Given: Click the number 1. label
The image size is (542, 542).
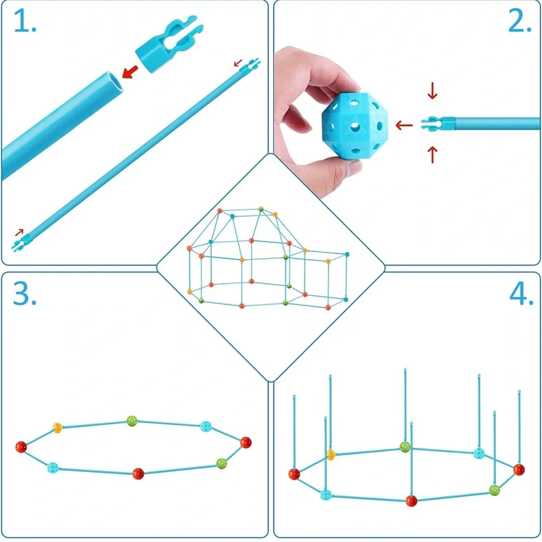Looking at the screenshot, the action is tap(25, 21).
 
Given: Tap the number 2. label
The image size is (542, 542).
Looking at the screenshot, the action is tap(519, 21).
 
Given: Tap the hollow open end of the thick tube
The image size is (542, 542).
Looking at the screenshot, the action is tap(113, 82).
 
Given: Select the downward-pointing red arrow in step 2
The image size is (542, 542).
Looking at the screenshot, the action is tap(433, 91).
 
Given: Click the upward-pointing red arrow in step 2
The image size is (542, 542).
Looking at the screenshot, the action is tap(433, 154).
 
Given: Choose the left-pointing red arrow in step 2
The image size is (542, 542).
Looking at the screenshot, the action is tap(404, 125).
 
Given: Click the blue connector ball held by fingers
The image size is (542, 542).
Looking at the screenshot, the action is tap(354, 126).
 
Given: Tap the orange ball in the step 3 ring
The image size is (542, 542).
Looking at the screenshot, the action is tap(57, 428).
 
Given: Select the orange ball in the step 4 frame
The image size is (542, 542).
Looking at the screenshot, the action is tap(331, 455).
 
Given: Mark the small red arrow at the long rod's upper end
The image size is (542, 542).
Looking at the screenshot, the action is tap(238, 63).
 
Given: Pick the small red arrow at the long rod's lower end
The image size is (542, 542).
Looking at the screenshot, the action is tap(20, 233).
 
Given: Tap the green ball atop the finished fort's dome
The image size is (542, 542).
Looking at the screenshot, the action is tap(261, 209).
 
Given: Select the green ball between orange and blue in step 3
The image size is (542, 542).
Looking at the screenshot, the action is tap(132, 421).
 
